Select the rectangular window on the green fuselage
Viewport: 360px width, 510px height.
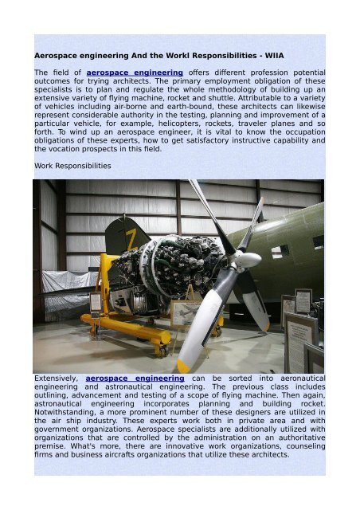click(x=280, y=251)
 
